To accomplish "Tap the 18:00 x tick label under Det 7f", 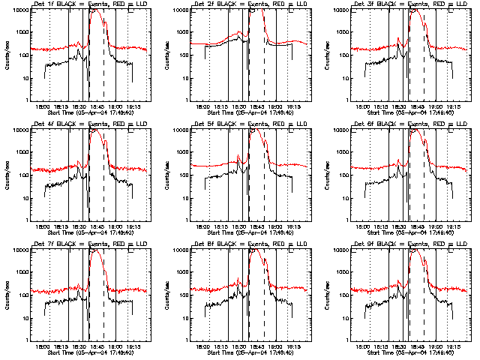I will click(x=45, y=346).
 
